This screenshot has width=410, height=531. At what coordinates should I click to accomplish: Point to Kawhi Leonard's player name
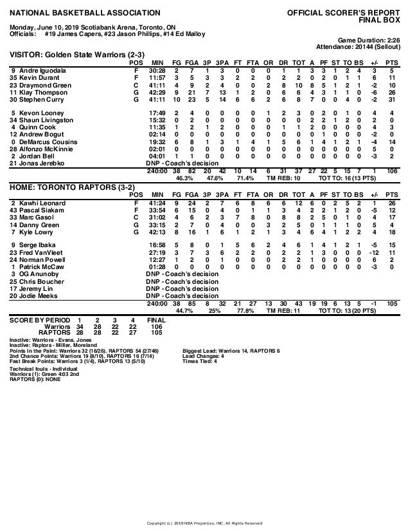pos(37,203)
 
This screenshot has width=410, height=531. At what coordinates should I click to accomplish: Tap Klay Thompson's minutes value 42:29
pos(157,93)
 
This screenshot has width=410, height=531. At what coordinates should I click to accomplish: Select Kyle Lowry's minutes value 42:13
pos(157,232)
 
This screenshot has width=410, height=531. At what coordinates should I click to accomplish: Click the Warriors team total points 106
pos(391,171)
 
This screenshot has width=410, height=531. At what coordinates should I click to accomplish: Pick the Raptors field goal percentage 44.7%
pos(184,310)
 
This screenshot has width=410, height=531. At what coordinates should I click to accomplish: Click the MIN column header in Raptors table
pos(157,194)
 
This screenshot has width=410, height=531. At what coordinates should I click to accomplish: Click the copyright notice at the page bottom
pos(205,522)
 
